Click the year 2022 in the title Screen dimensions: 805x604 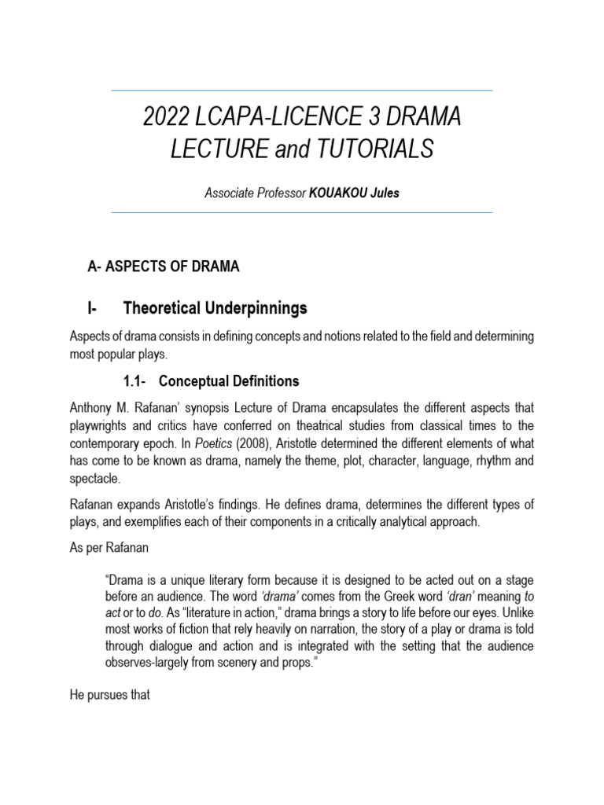coord(167,118)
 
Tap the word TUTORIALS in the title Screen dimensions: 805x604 coord(370,149)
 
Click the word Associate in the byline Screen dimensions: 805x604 coord(228,193)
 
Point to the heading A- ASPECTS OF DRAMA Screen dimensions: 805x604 coord(163,266)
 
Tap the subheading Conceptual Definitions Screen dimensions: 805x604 coord(229,381)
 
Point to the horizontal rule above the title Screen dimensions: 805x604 coord(302,91)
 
